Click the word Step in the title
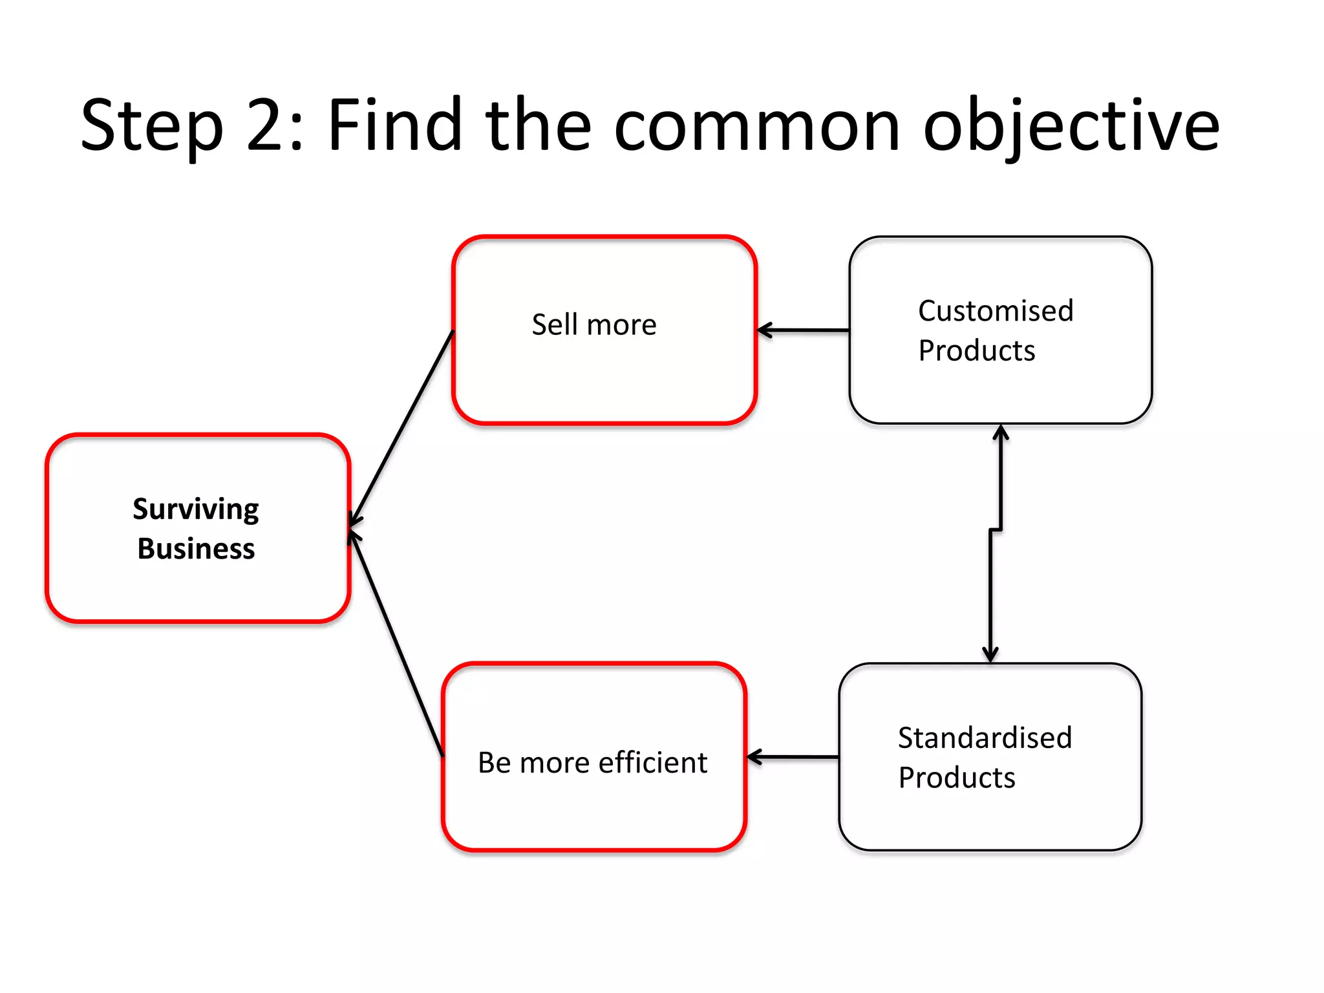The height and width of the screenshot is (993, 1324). tap(152, 126)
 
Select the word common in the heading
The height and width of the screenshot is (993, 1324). tap(756, 126)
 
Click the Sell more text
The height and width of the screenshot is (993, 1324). tap(593, 325)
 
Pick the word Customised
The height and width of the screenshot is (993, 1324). tap(996, 311)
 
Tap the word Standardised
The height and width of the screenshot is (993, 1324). tap(985, 738)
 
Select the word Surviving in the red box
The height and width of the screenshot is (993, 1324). tap(196, 509)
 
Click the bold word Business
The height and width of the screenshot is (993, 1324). tap(196, 549)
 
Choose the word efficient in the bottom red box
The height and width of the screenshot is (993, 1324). tap(652, 763)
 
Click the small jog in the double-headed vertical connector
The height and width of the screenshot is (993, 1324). tap(996, 530)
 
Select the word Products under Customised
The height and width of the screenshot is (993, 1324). tap(976, 351)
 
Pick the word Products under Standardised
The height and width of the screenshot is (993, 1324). tap(957, 778)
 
